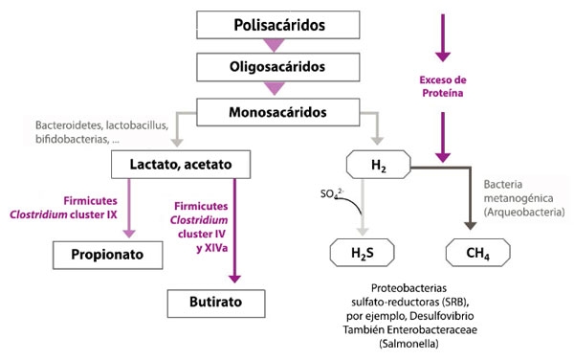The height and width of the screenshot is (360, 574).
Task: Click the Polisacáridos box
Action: point(275,21)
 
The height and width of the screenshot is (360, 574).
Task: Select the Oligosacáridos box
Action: point(275,67)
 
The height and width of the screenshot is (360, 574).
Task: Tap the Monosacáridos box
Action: point(275,113)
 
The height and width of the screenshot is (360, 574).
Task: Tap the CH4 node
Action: point(474,254)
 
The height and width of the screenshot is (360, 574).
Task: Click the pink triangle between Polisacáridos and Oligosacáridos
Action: point(275,44)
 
